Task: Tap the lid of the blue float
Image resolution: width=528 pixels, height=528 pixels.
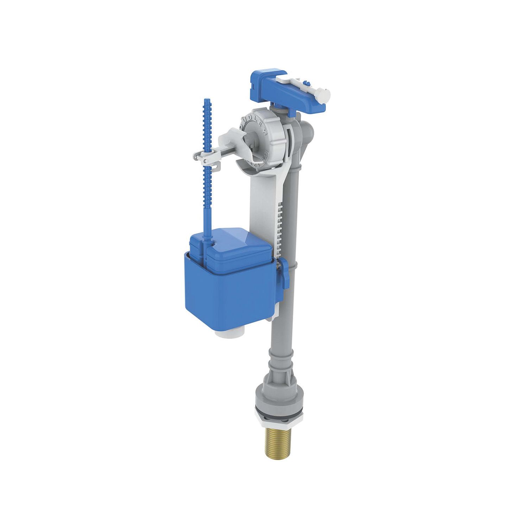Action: (x=232, y=245)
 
